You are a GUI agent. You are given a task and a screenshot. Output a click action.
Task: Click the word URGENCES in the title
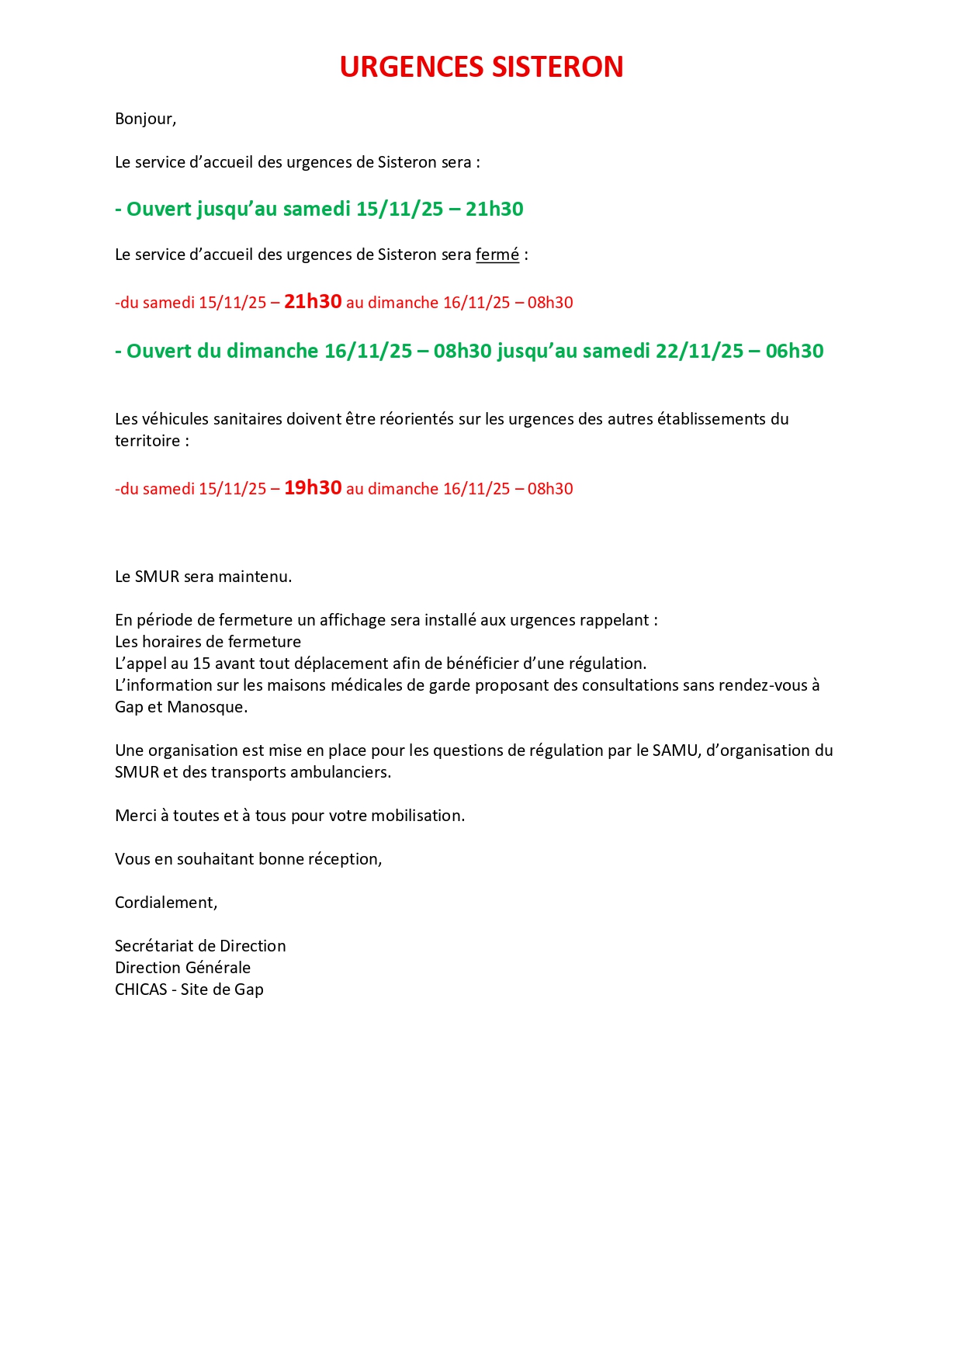click(x=412, y=68)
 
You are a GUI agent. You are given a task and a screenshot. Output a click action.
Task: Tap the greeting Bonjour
click(x=144, y=119)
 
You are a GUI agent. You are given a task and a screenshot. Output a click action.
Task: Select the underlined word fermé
click(x=497, y=255)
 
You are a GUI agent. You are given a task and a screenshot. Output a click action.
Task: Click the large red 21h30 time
click(x=313, y=302)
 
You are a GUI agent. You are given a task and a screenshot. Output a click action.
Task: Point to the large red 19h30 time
click(x=313, y=488)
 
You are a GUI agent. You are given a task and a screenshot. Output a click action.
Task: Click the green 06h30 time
click(x=794, y=351)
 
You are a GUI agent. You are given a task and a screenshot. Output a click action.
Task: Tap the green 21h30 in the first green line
click(x=494, y=209)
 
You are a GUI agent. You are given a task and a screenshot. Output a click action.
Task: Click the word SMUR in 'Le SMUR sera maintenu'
click(x=157, y=577)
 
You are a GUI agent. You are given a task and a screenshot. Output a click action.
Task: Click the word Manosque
click(x=206, y=707)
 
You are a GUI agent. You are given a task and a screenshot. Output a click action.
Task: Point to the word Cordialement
click(x=165, y=903)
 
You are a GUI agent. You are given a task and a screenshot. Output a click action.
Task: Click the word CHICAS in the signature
click(x=140, y=989)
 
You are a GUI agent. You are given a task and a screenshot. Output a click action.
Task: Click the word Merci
click(x=135, y=816)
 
